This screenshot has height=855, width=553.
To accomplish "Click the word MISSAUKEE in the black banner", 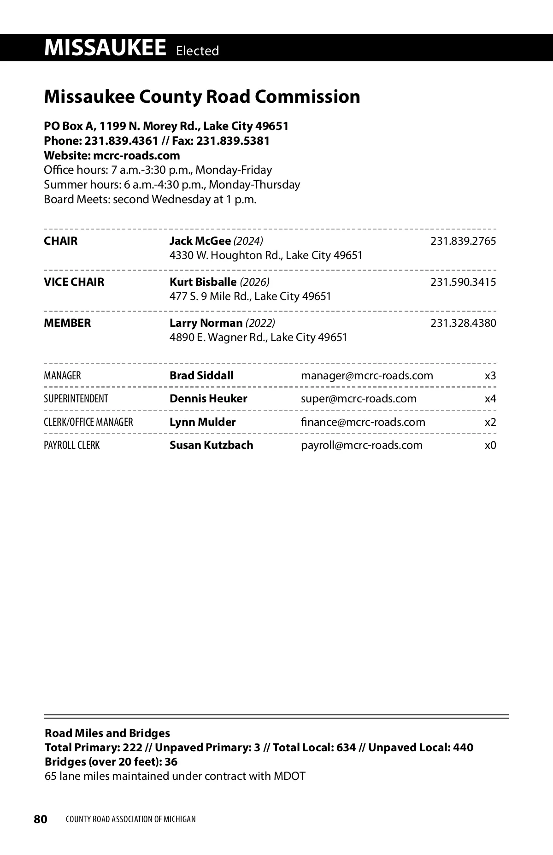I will coord(105,48).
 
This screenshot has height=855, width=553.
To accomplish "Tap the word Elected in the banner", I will coord(197,51).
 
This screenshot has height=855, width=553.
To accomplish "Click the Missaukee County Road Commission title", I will coord(202,97).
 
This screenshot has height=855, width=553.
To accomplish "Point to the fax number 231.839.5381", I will coord(233,141).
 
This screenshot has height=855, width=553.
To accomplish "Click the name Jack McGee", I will coord(200,241).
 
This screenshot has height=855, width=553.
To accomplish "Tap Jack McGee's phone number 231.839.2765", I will coord(463,241).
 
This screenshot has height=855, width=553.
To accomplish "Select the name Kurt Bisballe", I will coord(203,282).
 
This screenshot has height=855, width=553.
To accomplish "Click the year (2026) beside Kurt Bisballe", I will coord(255,282).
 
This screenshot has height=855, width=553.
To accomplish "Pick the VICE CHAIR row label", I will coord(74,282).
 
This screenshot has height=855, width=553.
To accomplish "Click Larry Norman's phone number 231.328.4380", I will coord(463,323).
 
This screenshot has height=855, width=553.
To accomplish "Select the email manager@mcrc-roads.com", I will coord(367,376).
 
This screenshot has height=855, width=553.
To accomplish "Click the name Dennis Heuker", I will coord(208,399).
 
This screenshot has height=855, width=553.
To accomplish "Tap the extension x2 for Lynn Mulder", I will coord(490,422).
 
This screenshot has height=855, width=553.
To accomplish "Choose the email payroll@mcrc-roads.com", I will coord(361,445).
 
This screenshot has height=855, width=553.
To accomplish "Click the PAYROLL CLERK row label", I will coord(71,445).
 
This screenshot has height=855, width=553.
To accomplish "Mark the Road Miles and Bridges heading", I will coord(107,733).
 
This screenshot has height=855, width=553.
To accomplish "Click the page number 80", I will coord(41,819).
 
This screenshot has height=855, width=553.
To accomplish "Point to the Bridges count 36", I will coord(171,761).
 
